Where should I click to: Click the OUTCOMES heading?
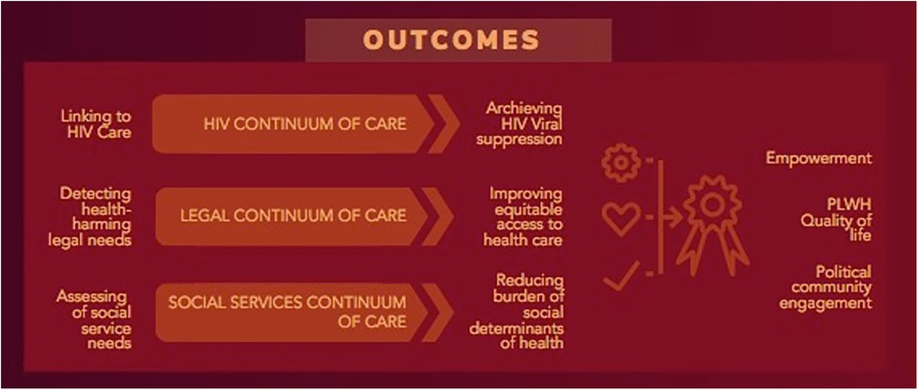tap(450, 39)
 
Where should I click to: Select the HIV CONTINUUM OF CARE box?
tap(293, 124)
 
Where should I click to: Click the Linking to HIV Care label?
tap(96, 124)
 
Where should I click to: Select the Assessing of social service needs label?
tap(94, 319)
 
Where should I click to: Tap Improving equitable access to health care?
tap(523, 217)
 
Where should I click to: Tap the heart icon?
tap(622, 217)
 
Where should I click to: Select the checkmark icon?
tap(622, 275)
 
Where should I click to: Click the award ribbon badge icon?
tap(713, 225)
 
